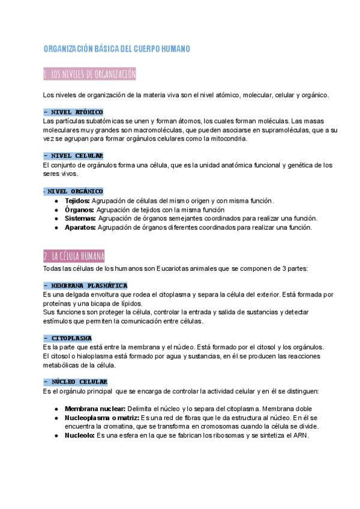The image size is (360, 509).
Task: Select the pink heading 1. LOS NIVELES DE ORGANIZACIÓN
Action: (x=90, y=74)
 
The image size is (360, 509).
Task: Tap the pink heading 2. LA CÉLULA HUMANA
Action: (x=74, y=256)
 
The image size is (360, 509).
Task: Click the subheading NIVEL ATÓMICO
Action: (x=73, y=112)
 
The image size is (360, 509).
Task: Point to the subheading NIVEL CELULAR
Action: (x=73, y=156)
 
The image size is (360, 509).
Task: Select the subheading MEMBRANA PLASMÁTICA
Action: (x=85, y=286)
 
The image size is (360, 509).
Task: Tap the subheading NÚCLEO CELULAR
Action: (x=76, y=382)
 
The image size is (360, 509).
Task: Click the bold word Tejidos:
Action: (x=77, y=200)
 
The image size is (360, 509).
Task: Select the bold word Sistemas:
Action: (x=80, y=218)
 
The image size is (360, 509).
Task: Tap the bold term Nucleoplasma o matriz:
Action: (x=101, y=418)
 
